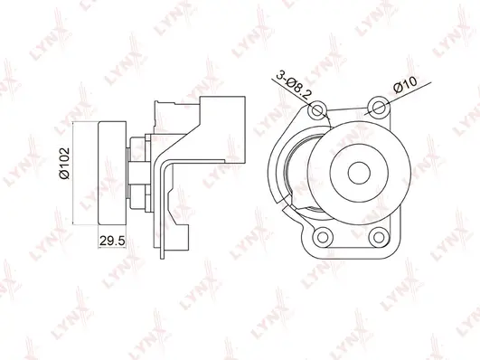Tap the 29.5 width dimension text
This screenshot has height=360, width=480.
(109, 242)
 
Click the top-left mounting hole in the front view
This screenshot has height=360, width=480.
(317, 111)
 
